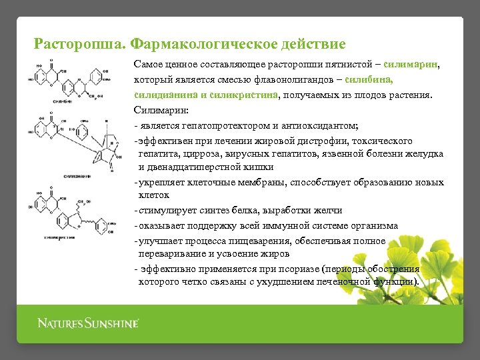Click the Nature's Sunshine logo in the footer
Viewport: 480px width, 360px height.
[x=87, y=324]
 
